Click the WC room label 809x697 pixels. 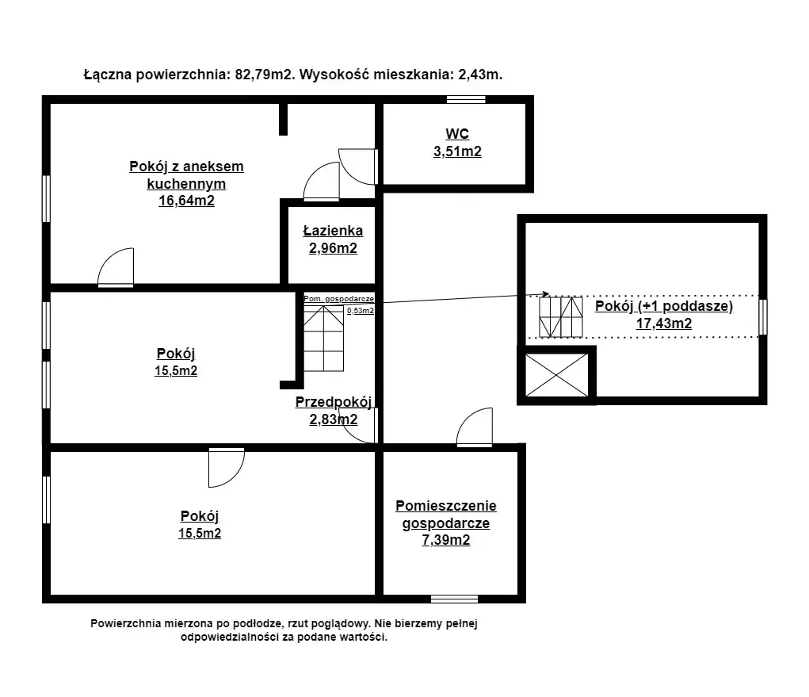457,134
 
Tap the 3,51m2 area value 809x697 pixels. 457,151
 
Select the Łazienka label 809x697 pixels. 333,231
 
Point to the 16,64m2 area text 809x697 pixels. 186,201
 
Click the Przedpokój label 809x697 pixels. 334,402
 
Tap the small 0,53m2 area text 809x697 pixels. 361,311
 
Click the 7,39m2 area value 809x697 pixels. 446,540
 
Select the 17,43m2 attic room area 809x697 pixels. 663,324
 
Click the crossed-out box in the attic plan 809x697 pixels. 557,375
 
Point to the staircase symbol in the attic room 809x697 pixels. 561,317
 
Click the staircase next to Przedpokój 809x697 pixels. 323,338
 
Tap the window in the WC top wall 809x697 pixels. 466,100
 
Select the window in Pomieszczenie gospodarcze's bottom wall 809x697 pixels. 454,599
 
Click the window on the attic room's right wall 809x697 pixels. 762,317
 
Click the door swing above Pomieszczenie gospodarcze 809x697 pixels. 474,427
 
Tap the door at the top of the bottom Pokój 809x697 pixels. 227,467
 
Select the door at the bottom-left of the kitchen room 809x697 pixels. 116,267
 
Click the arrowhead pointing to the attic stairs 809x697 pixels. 545,294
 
